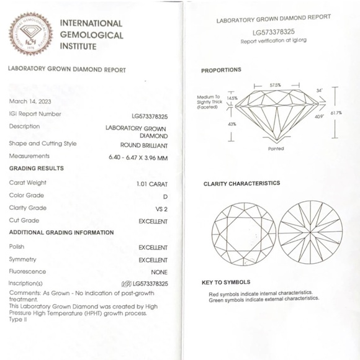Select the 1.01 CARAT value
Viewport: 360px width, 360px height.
pos(152,184)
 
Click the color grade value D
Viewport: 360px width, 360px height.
pos(164,196)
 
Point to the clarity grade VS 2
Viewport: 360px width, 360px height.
pos(161,209)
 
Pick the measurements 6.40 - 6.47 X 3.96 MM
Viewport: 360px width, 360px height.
pos(138,157)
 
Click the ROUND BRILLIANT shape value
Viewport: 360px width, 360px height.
pos(144,145)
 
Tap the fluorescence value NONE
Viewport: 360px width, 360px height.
pos(160,272)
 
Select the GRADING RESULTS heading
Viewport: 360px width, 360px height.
pos(36,168)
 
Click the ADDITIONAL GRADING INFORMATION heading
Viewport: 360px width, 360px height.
pos(61,233)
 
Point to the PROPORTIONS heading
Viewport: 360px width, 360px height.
pos(221,70)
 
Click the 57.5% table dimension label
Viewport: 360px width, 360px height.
pos(276,85)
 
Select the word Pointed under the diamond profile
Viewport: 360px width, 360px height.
pos(276,149)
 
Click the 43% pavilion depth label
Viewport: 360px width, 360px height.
pos(232,124)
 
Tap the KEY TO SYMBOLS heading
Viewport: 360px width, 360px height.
pos(226,282)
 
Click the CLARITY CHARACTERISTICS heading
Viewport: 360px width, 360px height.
pos(241,184)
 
